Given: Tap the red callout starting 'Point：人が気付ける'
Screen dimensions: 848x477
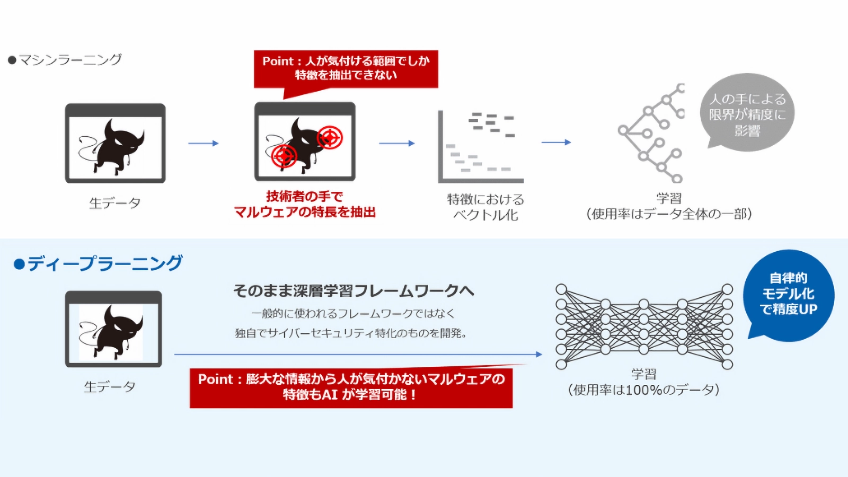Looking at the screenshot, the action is click(346, 68).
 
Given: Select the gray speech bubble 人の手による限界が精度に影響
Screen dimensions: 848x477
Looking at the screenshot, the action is click(747, 113).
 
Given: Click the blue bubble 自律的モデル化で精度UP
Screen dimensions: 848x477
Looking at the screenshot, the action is click(789, 294).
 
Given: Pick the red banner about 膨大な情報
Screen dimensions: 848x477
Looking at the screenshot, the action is click(351, 387).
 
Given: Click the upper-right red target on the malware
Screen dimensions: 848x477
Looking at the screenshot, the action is click(330, 138).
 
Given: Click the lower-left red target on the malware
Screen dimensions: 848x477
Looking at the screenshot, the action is click(284, 156).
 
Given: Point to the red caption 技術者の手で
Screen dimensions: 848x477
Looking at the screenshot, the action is click(305, 197).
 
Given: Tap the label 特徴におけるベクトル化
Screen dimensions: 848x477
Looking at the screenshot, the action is click(485, 207).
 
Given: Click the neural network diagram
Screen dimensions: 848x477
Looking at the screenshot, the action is click(644, 326).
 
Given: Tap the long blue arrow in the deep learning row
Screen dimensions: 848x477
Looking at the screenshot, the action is click(358, 354).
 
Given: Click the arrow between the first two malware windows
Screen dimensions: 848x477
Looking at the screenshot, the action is click(204, 143).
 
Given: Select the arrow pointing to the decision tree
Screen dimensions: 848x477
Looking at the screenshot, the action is click(556, 142).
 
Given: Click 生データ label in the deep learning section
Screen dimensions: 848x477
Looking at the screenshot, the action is click(110, 387).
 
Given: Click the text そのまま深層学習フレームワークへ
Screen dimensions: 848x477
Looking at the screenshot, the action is click(354, 290).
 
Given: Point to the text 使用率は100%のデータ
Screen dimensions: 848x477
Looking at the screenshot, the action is click(643, 390).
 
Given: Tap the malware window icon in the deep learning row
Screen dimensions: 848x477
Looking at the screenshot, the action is click(113, 329).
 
